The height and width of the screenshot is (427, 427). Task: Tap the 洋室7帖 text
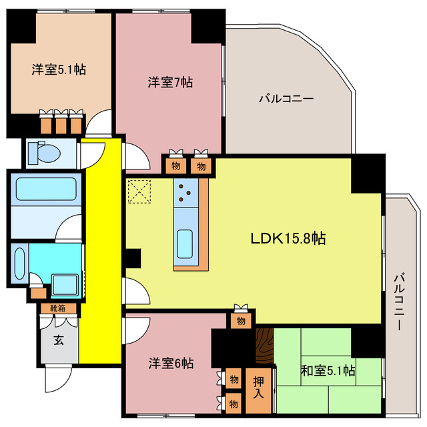click(171, 83)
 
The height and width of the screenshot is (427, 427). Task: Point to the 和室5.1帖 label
click(328, 370)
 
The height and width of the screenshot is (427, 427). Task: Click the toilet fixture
click(47, 152)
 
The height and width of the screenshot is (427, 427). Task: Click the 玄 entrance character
click(59, 340)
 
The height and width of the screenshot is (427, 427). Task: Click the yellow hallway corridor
click(100, 254)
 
